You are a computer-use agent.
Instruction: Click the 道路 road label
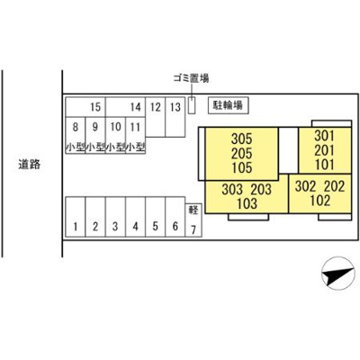[x=29, y=164]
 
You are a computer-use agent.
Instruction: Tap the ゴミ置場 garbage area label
[x=191, y=78]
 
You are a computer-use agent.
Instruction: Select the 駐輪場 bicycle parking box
[x=229, y=105]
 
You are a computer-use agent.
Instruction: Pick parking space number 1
[x=76, y=217]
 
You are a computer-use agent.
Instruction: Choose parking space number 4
[x=135, y=217]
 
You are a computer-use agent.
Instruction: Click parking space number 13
[x=175, y=117]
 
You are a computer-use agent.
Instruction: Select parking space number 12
[x=156, y=117]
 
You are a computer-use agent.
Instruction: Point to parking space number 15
[x=85, y=107]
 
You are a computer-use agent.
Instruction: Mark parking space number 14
[x=125, y=107]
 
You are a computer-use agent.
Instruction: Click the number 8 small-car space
[x=76, y=135]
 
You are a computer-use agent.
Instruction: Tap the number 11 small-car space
[x=135, y=135]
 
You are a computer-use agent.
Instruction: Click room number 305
[x=242, y=139]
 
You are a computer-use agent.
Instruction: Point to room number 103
[x=247, y=203]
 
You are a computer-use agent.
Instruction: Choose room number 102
[x=319, y=201]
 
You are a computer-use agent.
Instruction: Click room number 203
[x=261, y=189]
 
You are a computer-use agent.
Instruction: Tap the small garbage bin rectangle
[x=192, y=105]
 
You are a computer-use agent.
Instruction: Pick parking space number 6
[x=175, y=217]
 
